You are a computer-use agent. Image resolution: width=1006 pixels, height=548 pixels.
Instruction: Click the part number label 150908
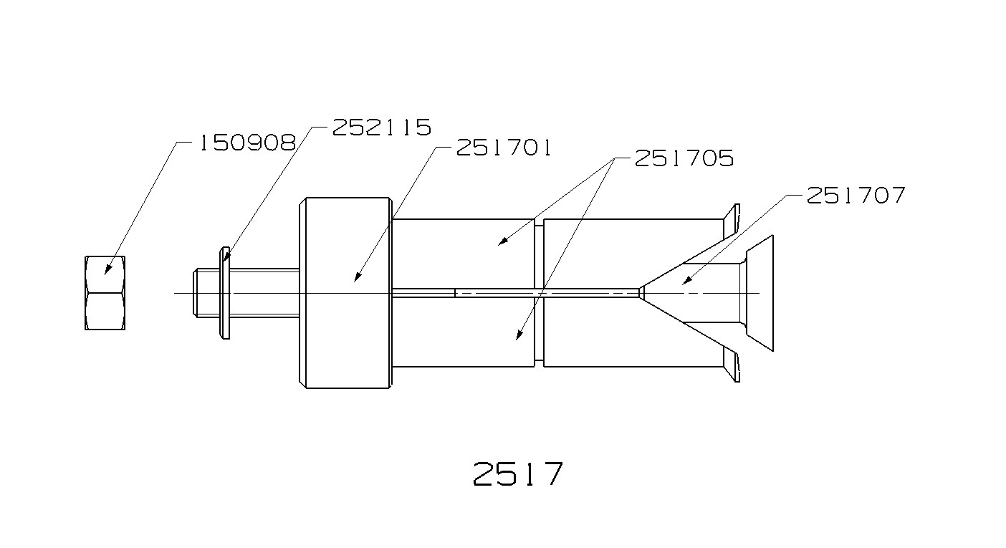(x=246, y=143)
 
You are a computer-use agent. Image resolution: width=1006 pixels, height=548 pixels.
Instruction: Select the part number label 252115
(x=381, y=128)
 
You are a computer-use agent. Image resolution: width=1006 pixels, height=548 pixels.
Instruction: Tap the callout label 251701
(x=504, y=148)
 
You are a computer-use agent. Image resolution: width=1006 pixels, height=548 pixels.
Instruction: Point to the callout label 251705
(x=684, y=158)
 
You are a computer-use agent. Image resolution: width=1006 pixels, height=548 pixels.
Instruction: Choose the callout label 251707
(x=856, y=195)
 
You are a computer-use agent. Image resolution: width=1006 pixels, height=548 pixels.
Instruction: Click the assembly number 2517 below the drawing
(x=518, y=474)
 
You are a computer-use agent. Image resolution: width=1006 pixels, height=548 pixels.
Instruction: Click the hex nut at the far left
(x=105, y=292)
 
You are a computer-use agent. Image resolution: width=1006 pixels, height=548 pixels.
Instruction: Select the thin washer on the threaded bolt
(x=225, y=293)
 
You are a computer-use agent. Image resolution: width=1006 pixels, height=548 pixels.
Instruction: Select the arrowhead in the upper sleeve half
(x=502, y=242)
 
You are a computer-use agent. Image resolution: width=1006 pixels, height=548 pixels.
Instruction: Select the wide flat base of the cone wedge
(x=761, y=293)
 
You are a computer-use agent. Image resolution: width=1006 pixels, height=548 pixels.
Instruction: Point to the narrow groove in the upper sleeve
(x=539, y=254)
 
